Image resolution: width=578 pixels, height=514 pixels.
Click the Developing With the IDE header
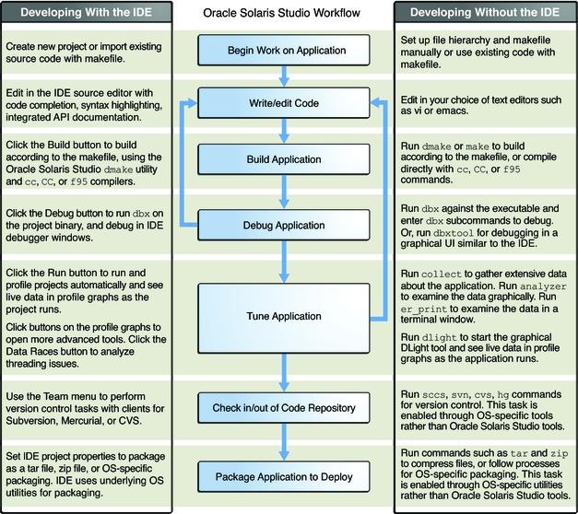88,11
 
